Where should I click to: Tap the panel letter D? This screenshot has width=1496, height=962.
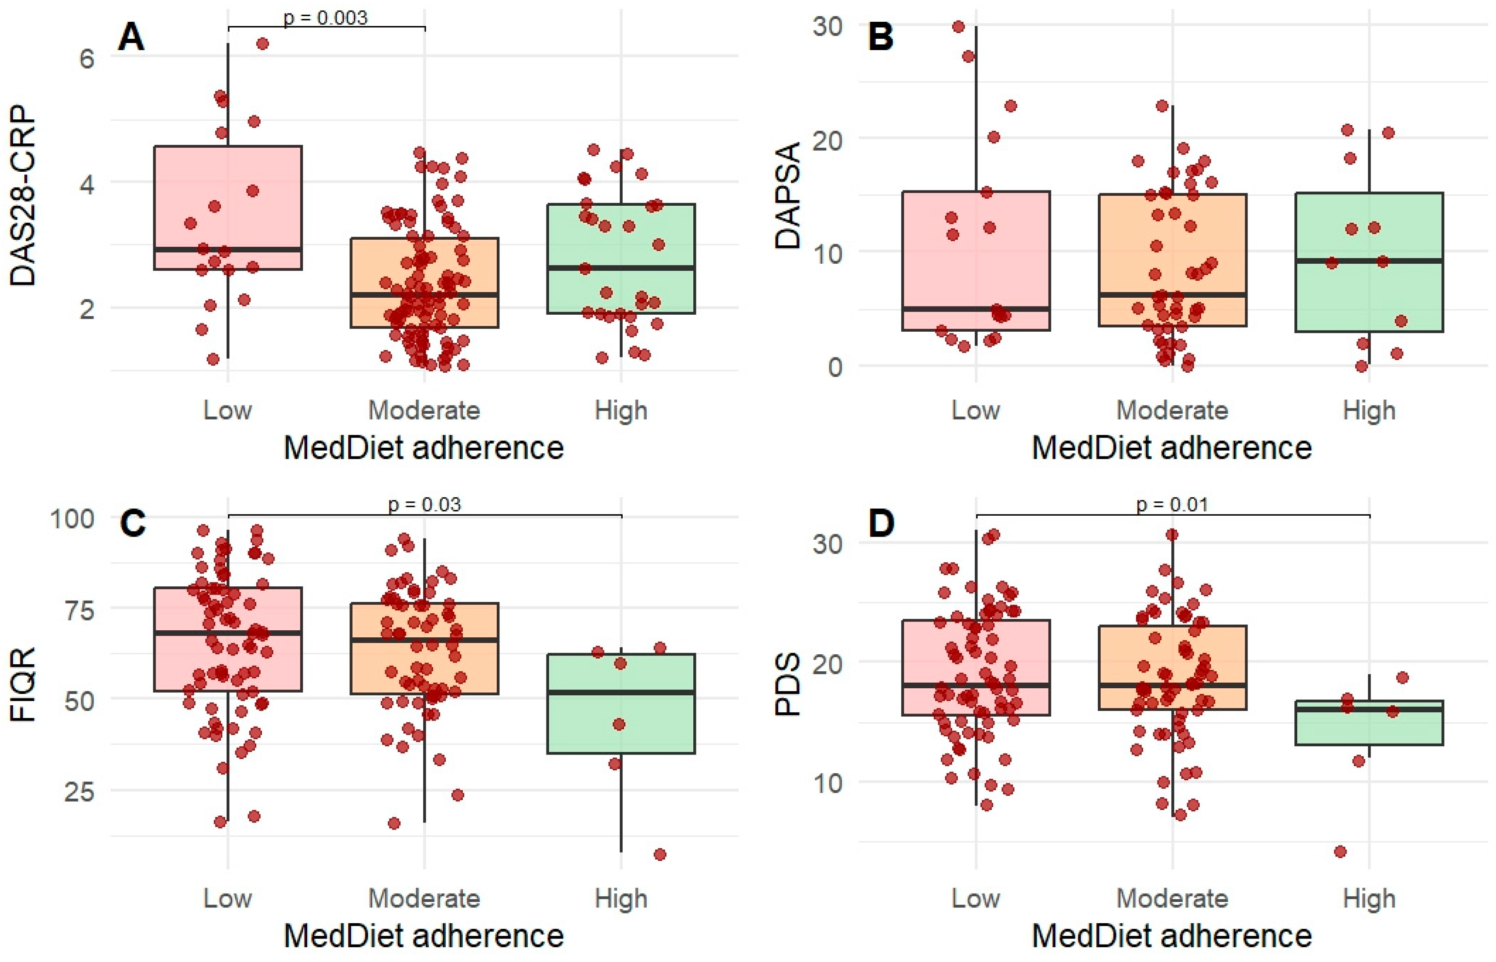pos(881,523)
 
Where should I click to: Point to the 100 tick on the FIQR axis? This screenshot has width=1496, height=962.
pos(72,518)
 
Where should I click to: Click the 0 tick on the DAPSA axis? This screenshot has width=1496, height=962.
pos(835,367)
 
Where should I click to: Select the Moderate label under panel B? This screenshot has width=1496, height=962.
pos(1172,411)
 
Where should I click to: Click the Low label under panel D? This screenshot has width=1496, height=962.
pos(975,898)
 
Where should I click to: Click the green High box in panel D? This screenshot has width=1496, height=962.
pos(1369,723)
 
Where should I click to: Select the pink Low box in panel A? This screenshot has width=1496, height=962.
pos(228,208)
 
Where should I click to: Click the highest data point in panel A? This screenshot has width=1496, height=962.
pos(263,44)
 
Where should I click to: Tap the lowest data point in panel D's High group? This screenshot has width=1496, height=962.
pos(1340,851)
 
